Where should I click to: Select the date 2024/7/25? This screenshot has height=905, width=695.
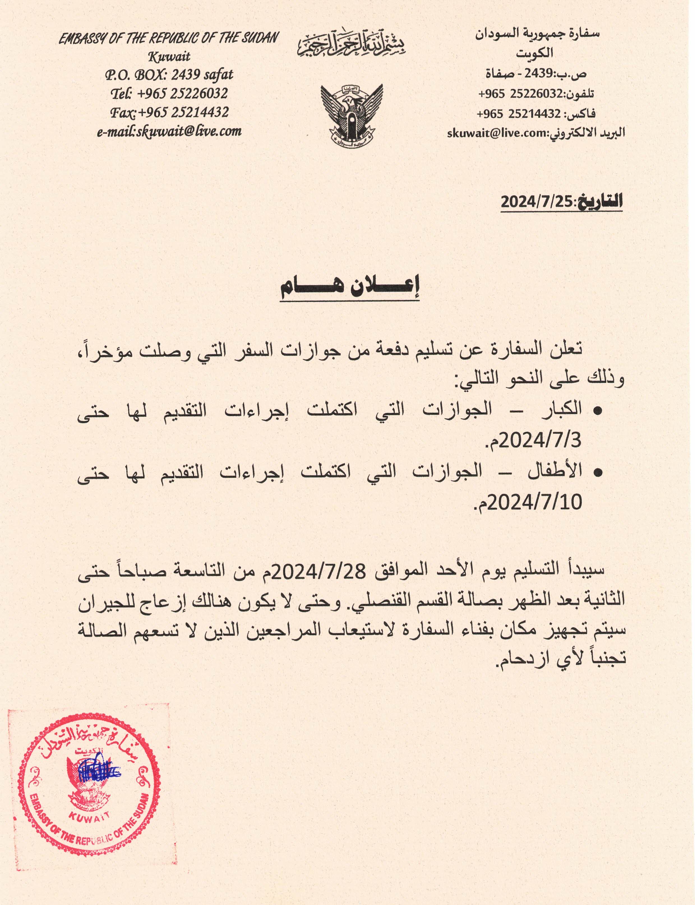pos(536,202)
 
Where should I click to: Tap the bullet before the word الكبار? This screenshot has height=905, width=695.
pos(597,411)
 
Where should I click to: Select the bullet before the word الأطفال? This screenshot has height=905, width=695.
pos(597,472)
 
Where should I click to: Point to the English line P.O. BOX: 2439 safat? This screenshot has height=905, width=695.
pos(169,75)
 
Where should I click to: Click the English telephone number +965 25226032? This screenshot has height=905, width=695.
pos(182,94)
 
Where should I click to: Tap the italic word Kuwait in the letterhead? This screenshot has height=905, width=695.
pos(169,56)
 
